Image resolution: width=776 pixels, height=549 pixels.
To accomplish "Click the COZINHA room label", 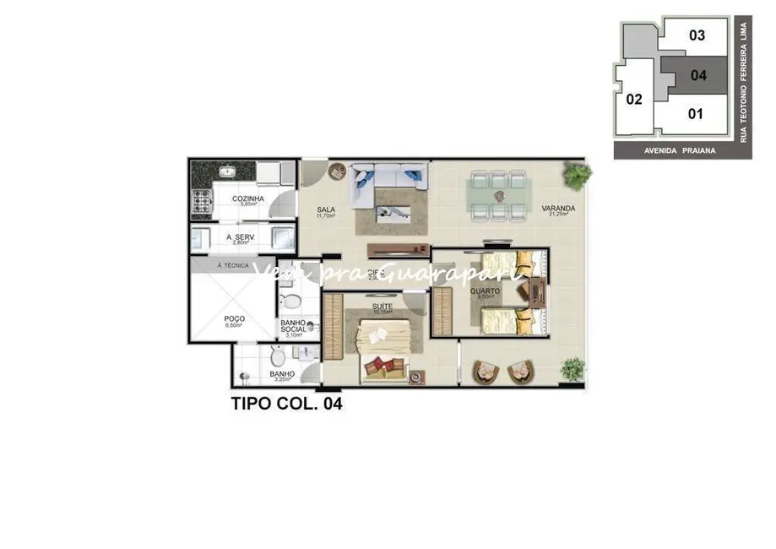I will (248, 199).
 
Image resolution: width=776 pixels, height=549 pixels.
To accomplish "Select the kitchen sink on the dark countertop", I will (226, 171).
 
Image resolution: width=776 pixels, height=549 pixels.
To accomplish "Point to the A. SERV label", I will (241, 237).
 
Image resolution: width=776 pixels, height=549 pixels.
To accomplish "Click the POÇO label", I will (234, 318).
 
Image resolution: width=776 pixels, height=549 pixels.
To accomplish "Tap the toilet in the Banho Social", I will (288, 302).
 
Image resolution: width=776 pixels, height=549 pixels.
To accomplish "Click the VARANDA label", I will (559, 208).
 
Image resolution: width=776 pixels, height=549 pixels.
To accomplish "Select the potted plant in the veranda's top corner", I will (578, 176).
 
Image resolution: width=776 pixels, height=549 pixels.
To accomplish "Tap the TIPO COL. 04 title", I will (287, 404).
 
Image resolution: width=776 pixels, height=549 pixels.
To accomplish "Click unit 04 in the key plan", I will (697, 75).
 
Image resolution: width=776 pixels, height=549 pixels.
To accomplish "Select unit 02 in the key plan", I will (634, 99).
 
